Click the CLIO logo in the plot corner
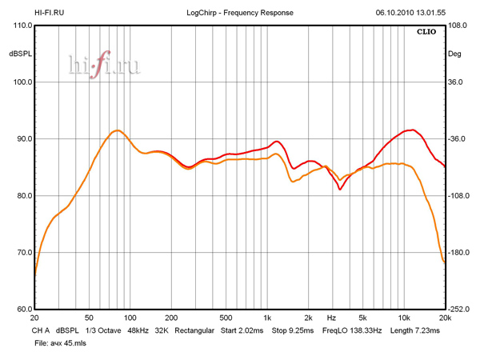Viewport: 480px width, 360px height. coord(426,33)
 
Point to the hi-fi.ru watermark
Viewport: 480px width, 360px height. coord(105,66)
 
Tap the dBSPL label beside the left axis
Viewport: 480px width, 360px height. coord(19,54)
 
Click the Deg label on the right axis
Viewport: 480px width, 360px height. coord(455,54)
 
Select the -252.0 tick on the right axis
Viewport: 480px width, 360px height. coord(459,310)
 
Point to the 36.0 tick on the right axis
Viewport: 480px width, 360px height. coord(456,82)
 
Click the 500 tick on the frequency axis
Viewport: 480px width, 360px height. coord(226,318)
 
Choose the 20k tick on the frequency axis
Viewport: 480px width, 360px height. coord(445,318)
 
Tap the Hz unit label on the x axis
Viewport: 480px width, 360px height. coord(330,318)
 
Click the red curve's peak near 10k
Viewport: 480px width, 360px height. coord(411,130)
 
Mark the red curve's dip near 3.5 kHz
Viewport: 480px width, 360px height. coord(340,190)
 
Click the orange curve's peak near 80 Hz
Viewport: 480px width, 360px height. coord(117,130)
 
